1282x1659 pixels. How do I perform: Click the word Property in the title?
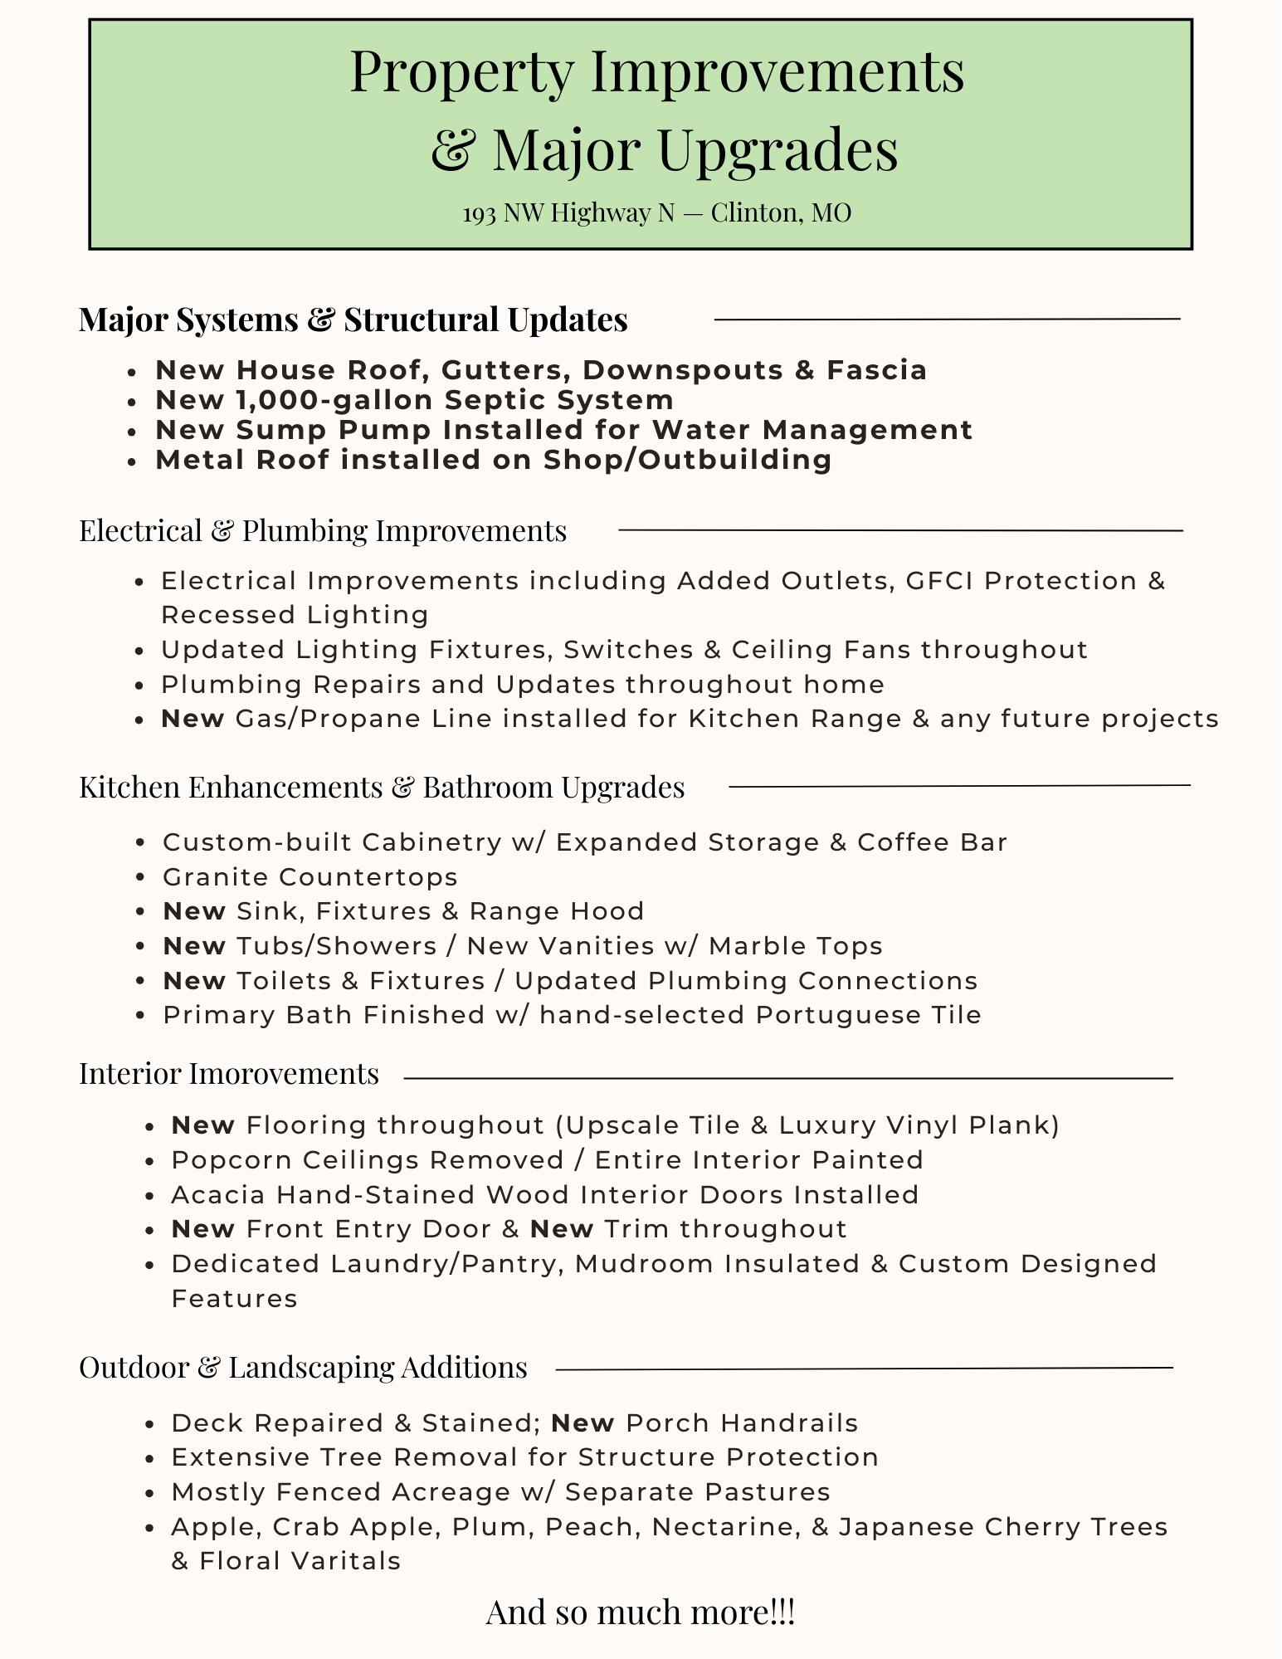click(x=461, y=73)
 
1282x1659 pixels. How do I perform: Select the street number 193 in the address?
click(x=479, y=213)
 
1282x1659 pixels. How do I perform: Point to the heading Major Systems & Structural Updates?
click(x=353, y=320)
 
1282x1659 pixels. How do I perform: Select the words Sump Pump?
click(x=334, y=430)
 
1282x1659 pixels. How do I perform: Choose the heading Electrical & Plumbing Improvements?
click(x=323, y=530)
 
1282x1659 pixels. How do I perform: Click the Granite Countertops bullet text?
click(x=310, y=877)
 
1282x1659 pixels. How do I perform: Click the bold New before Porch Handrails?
click(x=583, y=1423)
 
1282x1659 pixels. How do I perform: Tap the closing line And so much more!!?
click(x=641, y=1613)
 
